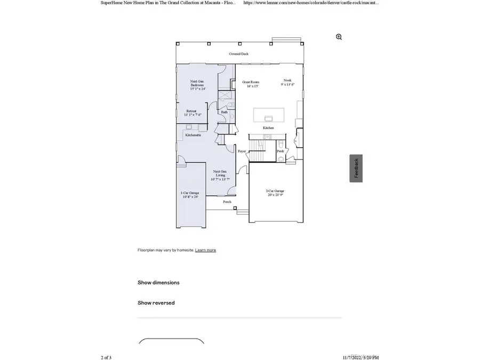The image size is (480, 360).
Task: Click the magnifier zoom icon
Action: [339, 37]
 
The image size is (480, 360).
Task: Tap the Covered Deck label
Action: [238, 54]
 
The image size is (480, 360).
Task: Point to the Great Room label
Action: [250, 84]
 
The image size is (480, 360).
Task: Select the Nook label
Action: [287, 82]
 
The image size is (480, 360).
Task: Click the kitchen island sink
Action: [268, 118]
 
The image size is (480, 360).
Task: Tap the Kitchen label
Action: [268, 128]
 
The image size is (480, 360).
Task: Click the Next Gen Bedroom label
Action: [197, 85]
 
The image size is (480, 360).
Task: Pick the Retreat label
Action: [191, 113]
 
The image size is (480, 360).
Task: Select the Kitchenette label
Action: [193, 135]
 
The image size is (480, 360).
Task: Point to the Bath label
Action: [225, 112]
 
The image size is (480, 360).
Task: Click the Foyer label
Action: [242, 151]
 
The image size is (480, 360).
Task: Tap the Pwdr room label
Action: [281, 151]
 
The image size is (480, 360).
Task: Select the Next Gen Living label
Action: [220, 175]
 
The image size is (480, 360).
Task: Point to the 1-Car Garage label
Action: [189, 195]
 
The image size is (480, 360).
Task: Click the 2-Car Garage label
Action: [275, 193]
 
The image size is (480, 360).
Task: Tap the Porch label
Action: [227, 202]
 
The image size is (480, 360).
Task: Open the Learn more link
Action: [205, 250]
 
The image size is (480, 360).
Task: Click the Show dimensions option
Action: [158, 283]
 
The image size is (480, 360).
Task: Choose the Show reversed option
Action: [156, 303]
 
